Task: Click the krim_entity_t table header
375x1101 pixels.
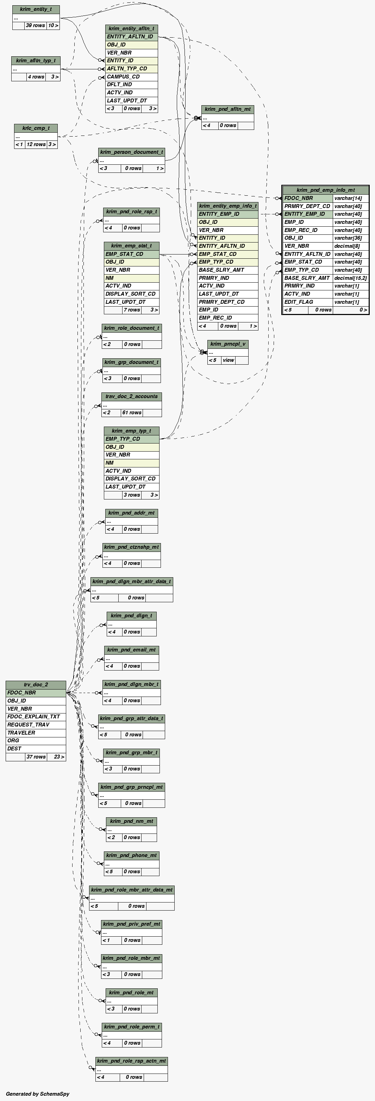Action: (36, 10)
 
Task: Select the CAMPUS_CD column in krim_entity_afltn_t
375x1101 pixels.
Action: (132, 76)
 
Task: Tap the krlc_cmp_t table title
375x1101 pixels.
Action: (36, 128)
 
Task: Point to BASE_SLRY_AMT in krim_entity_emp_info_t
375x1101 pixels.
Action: (227, 270)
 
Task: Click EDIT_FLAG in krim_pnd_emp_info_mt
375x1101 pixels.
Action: (307, 302)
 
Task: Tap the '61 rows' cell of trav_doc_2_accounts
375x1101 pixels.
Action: (132, 413)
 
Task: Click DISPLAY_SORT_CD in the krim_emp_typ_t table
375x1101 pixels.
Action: (131, 479)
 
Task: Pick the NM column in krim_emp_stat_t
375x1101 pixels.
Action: (131, 278)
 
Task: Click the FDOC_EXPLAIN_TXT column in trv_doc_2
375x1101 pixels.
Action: (36, 717)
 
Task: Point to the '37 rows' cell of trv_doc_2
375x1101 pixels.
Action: (36, 757)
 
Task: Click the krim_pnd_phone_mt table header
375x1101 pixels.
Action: (132, 856)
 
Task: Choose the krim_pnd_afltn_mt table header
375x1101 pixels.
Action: (227, 109)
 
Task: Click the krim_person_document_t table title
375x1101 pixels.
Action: (132, 152)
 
